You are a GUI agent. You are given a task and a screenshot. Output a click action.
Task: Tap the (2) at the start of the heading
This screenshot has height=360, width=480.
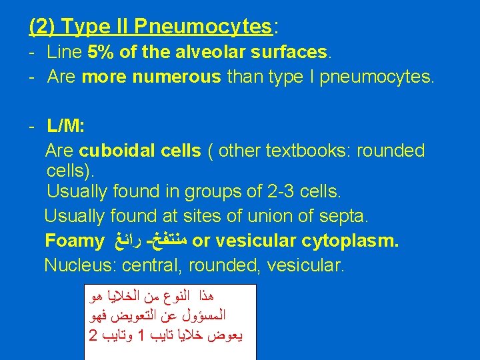pyautogui.click(x=42, y=26)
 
